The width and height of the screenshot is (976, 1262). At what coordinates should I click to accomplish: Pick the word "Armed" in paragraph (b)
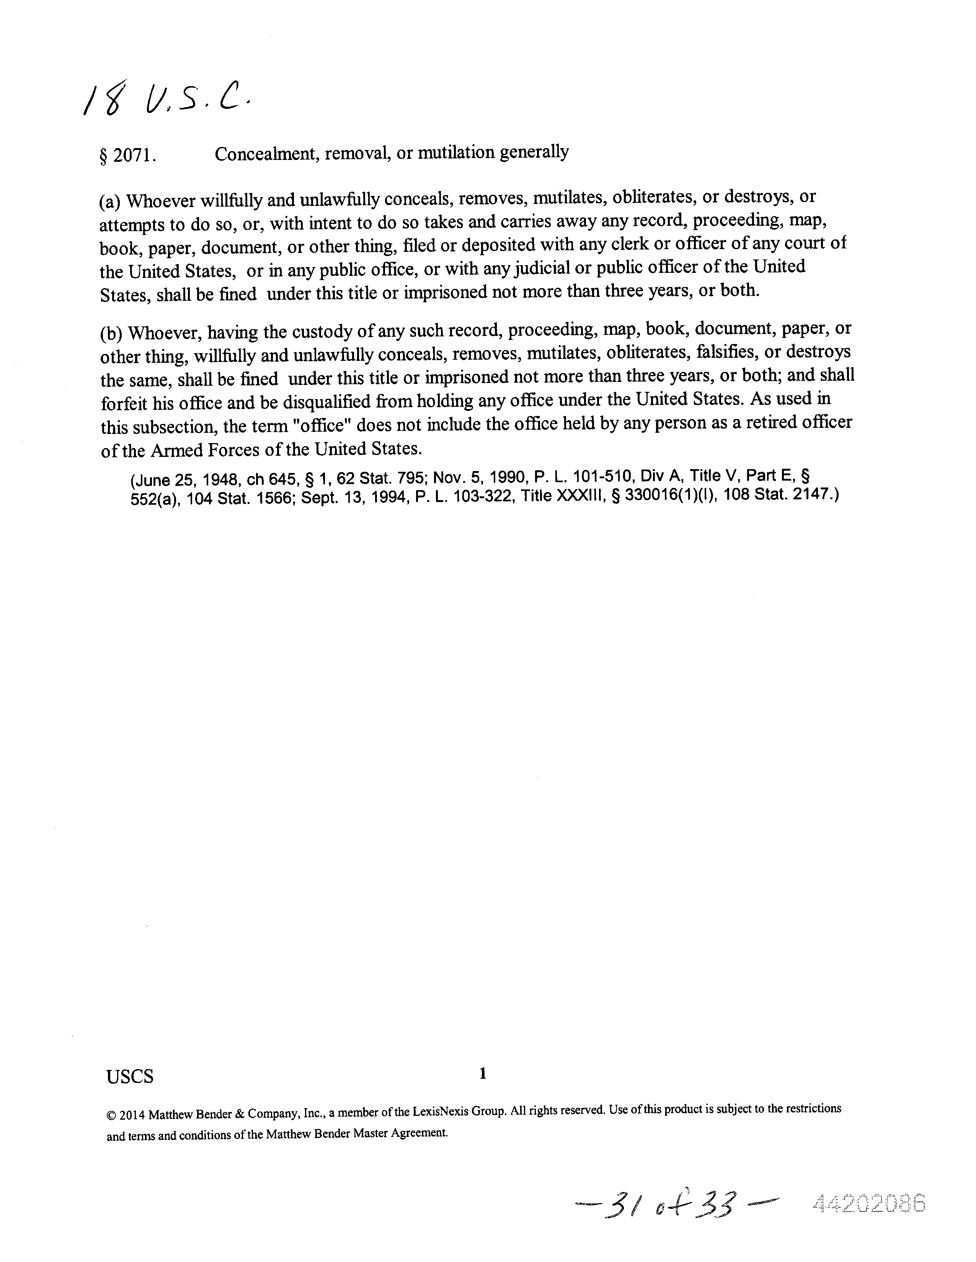click(175, 450)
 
